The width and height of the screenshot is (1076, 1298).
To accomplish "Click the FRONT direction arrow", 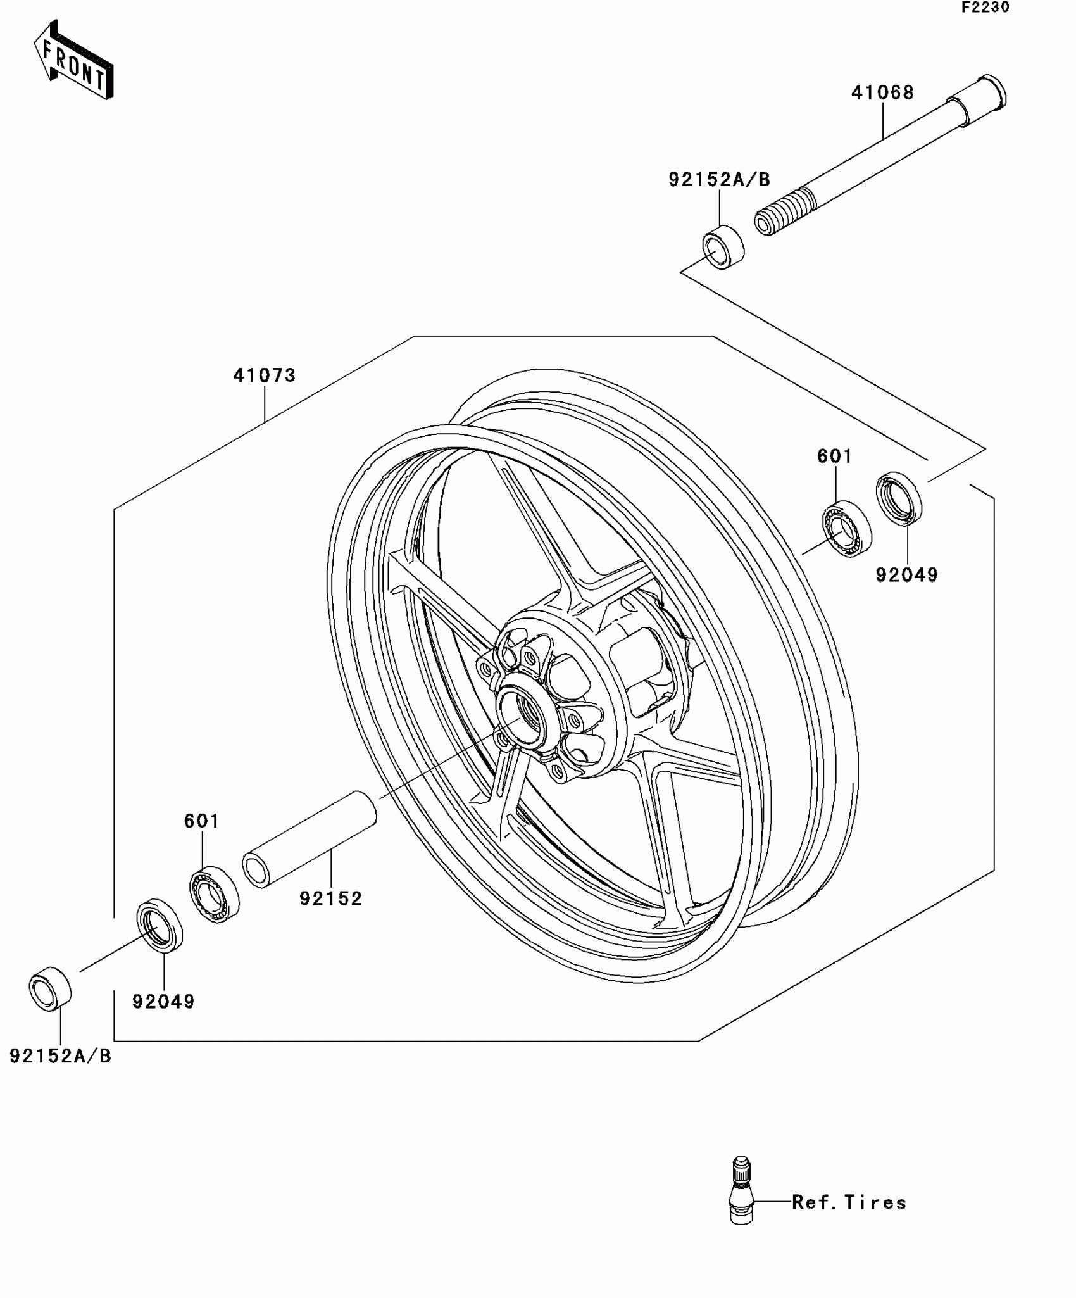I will coord(73,60).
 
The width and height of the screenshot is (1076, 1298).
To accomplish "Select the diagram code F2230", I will coord(985,8).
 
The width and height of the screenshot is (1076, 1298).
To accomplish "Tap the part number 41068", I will coord(882,93).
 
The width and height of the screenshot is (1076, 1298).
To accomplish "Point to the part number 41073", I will coord(265,375).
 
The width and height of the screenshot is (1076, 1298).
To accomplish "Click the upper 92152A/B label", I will coord(719,180).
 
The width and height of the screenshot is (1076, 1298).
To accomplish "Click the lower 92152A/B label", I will coord(61,1055).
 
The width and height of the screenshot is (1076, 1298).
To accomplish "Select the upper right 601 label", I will coord(835,456).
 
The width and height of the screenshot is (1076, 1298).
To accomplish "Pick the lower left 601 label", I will coord(202,821).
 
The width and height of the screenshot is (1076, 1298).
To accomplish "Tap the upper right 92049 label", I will coord(906,575).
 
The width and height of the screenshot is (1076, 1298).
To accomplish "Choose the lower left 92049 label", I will coord(163,1002).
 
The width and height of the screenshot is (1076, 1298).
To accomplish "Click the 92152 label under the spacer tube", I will coord(331,898).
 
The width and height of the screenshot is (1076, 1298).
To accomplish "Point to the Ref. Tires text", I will coord(849,1202).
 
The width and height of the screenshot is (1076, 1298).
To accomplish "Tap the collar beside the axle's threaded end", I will coord(723,247).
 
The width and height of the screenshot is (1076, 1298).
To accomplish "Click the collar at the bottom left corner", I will coord(50,988).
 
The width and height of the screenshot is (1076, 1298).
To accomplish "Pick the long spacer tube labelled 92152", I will coord(310,840).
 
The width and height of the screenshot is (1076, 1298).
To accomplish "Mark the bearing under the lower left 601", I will coord(215,894).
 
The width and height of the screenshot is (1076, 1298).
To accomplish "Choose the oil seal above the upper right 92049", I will coord(899,498).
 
